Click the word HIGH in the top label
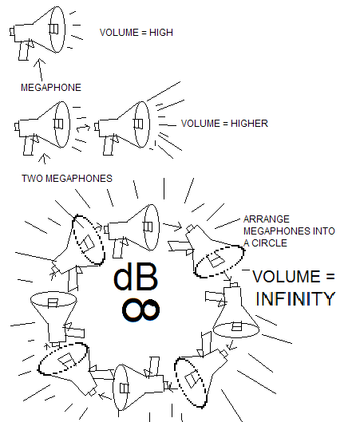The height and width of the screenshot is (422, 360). coord(161,33)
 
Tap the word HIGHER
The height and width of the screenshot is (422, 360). coord(249,124)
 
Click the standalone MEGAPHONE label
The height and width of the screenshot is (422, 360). coord(51,88)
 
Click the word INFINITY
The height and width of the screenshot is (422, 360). coord(295,298)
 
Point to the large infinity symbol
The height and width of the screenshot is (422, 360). coord(140,310)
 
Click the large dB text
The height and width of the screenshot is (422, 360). coord(136,276)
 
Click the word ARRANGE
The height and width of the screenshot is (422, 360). coord(267,219)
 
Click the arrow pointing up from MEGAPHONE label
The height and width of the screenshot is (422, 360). coord(41,69)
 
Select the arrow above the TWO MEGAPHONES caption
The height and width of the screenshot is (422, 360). coord(44,159)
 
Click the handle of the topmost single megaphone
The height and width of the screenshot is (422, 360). coord(24,50)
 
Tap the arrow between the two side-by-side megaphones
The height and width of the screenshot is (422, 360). coord(83,128)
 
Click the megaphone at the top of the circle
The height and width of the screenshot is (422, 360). coord(132,230)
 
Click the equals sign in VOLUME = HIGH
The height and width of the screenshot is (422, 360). coord(144,33)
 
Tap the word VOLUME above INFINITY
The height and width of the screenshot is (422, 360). coord(287,276)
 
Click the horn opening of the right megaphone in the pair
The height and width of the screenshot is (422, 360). coord(142,124)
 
